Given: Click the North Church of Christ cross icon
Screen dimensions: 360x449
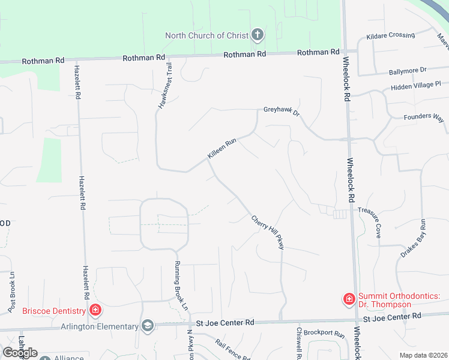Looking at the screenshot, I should coord(258,35).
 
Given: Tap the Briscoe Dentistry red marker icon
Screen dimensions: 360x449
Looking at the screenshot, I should coord(95,310).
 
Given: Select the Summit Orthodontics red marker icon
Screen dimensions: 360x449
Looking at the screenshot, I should coord(348,298).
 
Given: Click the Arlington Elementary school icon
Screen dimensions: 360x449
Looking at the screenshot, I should coord(147,326).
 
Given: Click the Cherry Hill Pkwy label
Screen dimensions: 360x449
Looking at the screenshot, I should coord(267,232).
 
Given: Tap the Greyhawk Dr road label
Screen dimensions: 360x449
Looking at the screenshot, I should coord(281,111).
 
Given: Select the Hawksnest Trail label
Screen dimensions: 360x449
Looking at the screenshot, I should coord(166,85).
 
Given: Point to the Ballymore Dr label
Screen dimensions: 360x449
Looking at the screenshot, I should coord(406,71).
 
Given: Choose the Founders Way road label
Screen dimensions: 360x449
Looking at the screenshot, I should coord(424,118).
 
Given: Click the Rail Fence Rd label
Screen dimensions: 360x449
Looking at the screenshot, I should coord(233,351).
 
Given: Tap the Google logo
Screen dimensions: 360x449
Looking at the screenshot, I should coord(20,353).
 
